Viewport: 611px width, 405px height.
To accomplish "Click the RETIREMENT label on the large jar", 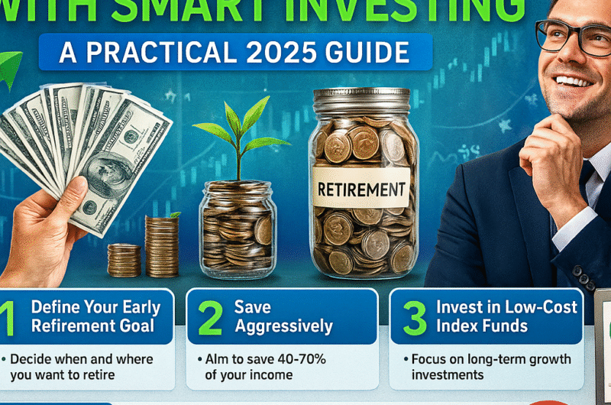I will (x=360, y=187).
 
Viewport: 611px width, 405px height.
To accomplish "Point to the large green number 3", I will (x=414, y=319).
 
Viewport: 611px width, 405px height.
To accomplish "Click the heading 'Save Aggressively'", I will (x=283, y=317).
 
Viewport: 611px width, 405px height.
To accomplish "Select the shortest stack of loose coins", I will (x=124, y=260).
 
